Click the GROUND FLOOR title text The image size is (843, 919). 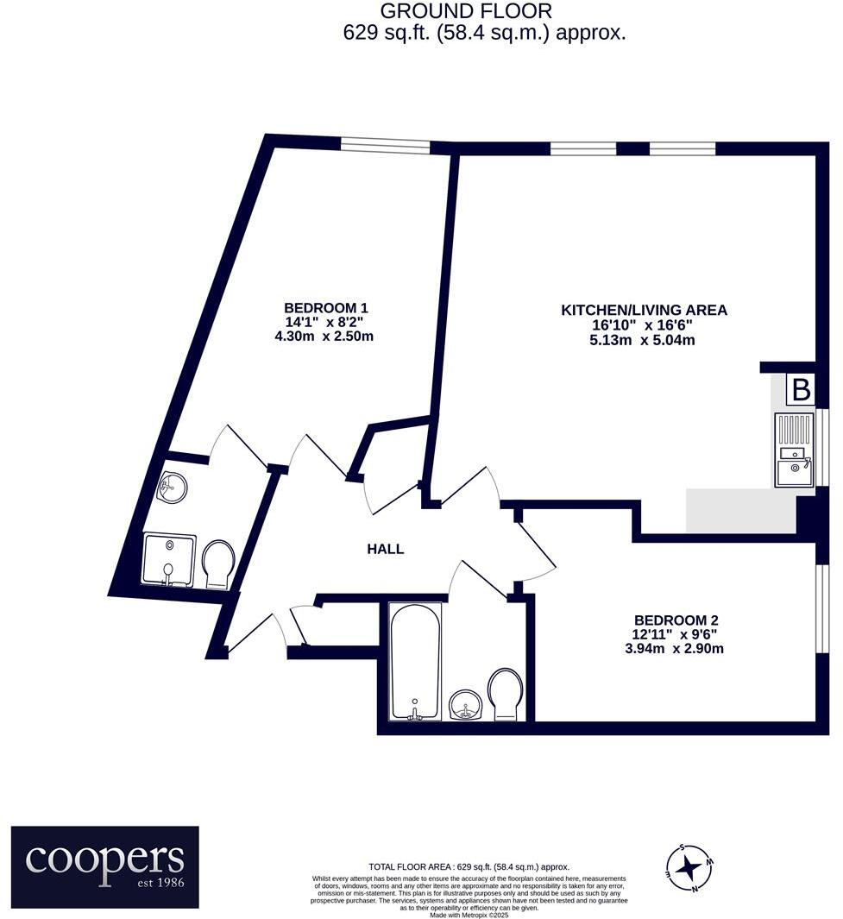[466, 12]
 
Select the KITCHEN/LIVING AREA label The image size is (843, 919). [644, 310]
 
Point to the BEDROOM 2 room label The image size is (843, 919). [676, 620]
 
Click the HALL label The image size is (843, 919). [385, 549]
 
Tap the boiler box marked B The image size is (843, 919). [801, 390]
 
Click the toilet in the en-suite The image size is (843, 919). [217, 564]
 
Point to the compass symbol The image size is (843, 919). [689, 867]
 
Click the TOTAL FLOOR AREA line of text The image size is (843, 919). [469, 867]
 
